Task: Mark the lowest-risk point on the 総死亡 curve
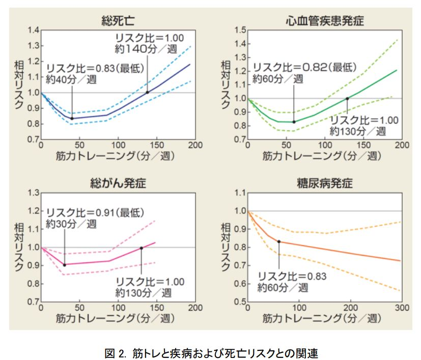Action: coord(72,118)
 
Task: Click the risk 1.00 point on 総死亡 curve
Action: coord(148,93)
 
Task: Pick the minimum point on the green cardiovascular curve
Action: coord(294,122)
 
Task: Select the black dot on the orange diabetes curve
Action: coord(279,241)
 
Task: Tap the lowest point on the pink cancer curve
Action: coord(65,264)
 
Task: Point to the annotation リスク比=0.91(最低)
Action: coord(96,212)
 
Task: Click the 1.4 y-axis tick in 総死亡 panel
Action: coord(33,30)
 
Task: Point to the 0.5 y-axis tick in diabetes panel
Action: coord(239,302)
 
